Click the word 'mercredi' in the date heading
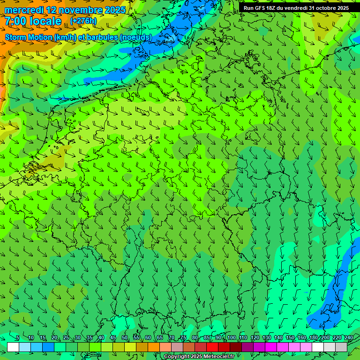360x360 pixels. [x=24, y=10]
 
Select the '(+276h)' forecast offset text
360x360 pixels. [x=83, y=21]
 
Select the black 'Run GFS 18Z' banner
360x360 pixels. [x=299, y=8]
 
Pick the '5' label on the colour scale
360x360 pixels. [x=18, y=337]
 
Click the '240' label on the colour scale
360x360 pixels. [x=349, y=337]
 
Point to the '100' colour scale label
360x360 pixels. [x=231, y=337]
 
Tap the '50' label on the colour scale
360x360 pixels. [x=125, y=337]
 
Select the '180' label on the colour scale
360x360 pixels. [x=313, y=337]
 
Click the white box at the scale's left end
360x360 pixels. [x=13, y=347]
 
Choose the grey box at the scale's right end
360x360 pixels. [x=341, y=347]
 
